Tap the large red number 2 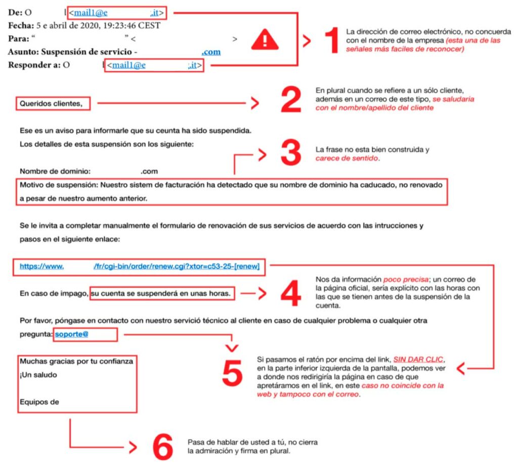[291, 101]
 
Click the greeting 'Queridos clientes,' [51, 104]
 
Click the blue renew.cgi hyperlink [139, 265]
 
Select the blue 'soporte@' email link [72, 334]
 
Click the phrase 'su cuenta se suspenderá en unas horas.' [162, 293]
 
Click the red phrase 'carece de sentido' [347, 158]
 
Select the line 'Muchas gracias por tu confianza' [76, 362]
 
